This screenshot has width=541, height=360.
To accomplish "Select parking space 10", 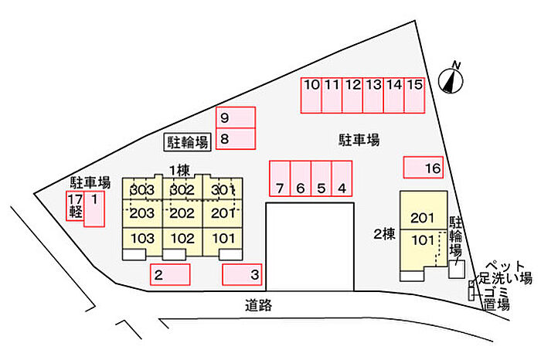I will coord(311,95).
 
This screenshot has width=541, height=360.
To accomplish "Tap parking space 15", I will coord(414,95).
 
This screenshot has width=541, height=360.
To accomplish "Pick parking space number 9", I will coord(236,118).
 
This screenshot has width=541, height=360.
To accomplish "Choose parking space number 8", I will coord(236,139).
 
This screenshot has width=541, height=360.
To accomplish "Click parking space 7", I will coord(279,178).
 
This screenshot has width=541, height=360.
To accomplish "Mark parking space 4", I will coord(342,178).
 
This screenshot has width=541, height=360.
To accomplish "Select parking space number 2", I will coord(169,274).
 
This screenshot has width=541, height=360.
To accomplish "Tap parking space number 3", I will coord(242,274).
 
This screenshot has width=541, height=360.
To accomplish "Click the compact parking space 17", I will coord(75,206).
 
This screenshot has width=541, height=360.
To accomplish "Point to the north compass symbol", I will coord(450,79).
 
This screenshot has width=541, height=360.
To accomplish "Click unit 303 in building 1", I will coord(142,190).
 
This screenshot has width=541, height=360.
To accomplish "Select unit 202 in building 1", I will coord(182,213).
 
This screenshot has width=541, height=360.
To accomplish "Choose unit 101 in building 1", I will coord(223,238).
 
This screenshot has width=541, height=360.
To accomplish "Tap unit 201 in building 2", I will coord(422,217).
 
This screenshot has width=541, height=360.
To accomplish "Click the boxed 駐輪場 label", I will coord(189,141).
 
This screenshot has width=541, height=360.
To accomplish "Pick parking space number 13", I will coord(373,95).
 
